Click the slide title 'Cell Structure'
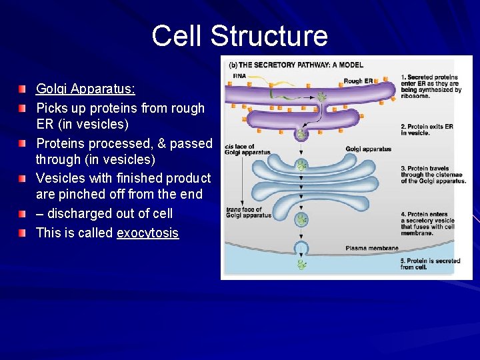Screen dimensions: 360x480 tap(239, 36)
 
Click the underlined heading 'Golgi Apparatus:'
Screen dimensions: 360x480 tap(85, 89)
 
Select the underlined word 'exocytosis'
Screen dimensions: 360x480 tap(147, 233)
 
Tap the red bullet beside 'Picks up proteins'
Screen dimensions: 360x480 tap(23, 107)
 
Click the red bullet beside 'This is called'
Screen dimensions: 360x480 tap(23, 233)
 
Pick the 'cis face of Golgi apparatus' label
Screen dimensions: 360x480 tap(247, 149)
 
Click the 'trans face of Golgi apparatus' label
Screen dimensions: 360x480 tap(248, 212)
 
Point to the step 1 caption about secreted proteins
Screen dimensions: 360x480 tap(431, 87)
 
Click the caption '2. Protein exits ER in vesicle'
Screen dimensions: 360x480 tap(427, 129)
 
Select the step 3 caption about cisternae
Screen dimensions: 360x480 tap(433, 175)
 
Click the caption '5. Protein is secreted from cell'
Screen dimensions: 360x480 tap(430, 264)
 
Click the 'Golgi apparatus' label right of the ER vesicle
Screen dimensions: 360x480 tap(368, 149)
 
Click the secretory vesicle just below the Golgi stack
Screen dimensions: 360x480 tap(302, 219)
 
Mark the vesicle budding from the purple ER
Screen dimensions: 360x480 tap(301, 134)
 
